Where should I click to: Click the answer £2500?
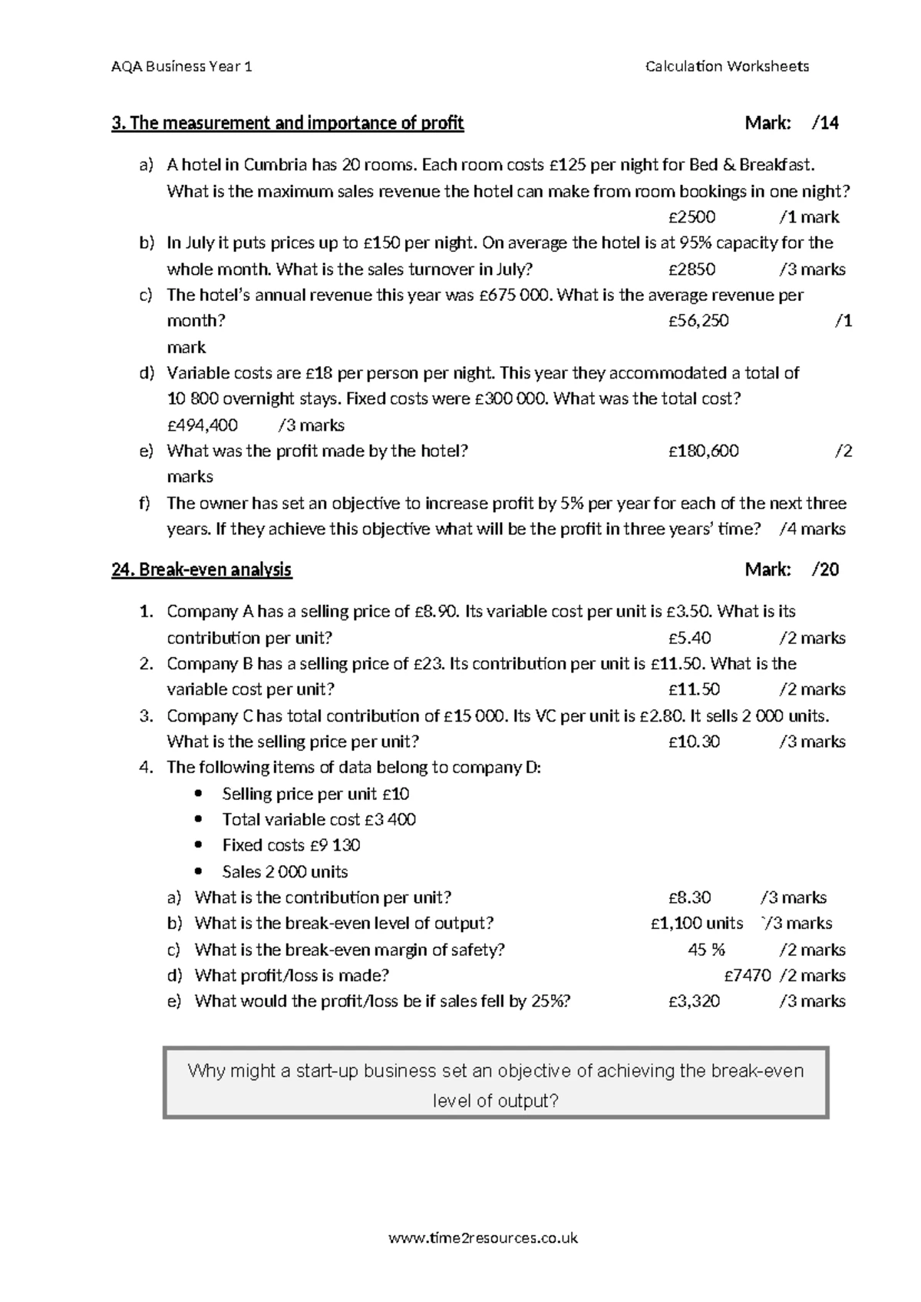point(692,217)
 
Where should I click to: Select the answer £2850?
point(692,269)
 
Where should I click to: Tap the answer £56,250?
point(698,321)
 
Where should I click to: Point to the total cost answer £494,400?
point(202,425)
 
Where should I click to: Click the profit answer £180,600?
point(703,451)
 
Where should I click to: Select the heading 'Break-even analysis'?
point(202,570)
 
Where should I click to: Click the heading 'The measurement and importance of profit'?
point(288,123)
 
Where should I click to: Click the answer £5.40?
point(689,638)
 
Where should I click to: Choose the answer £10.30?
point(694,742)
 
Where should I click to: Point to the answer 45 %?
point(706,950)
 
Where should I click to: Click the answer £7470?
point(748,976)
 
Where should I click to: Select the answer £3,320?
point(694,1001)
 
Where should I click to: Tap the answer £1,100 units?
point(696,924)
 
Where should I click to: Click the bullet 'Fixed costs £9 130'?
point(291,845)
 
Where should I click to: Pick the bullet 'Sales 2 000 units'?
point(285,872)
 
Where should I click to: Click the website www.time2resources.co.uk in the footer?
point(484,1238)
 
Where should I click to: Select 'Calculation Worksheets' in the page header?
point(727,66)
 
